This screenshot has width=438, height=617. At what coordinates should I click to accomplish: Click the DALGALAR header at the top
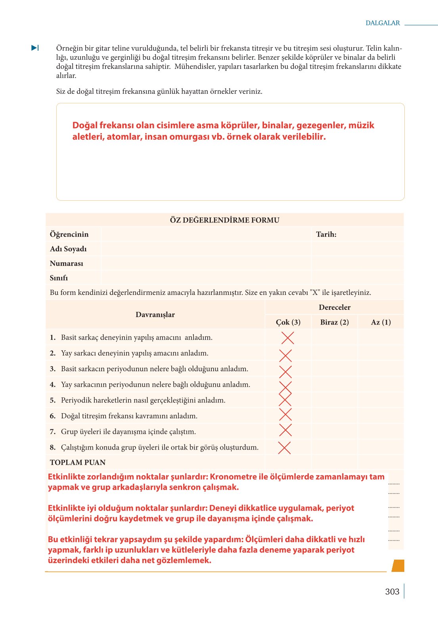tap(383, 23)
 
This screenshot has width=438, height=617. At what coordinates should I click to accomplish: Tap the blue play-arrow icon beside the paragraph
tap(35, 48)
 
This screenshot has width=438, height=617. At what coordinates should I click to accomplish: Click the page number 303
tap(392, 592)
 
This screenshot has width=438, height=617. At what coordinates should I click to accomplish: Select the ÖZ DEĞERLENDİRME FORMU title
tap(224, 220)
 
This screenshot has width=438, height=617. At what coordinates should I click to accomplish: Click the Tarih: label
tap(326, 234)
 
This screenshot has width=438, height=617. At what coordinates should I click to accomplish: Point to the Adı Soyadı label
tap(68, 249)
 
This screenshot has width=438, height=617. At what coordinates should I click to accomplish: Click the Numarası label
tap(67, 264)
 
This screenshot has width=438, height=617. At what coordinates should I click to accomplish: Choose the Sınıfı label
tap(59, 278)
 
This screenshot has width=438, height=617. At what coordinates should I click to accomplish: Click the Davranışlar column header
tap(155, 315)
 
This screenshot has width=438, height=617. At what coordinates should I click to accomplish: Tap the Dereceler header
tap(334, 308)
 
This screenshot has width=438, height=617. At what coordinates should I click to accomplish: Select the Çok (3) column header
tap(288, 322)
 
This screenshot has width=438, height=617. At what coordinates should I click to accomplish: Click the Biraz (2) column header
tap(334, 322)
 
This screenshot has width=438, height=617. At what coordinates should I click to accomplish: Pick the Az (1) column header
tap(381, 322)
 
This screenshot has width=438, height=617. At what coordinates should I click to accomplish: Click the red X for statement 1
tap(287, 338)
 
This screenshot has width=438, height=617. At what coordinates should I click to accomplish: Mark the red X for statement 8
tap(284, 448)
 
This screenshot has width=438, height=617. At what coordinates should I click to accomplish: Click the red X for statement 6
tap(285, 414)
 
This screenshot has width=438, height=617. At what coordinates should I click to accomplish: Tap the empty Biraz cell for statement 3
tap(334, 369)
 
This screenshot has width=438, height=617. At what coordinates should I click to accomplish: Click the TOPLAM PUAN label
tap(78, 462)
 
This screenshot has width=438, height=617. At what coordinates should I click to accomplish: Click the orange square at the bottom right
tap(398, 566)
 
